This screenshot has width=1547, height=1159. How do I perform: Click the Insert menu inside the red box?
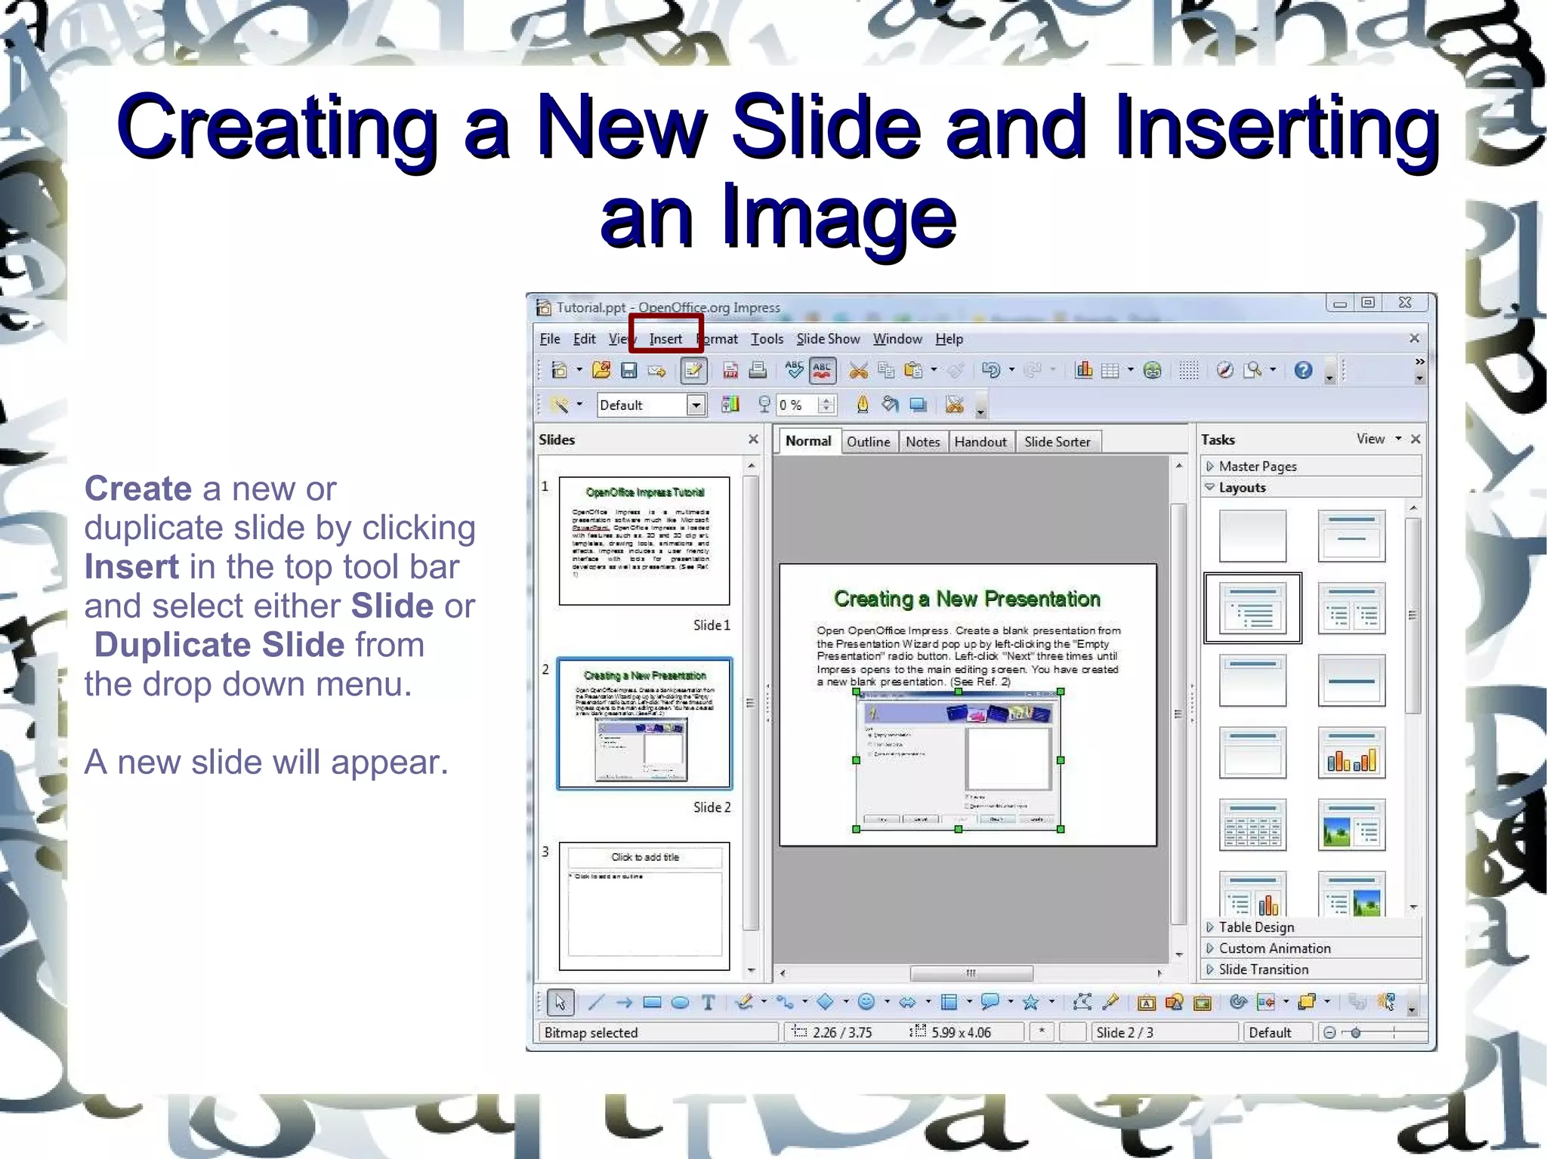(665, 339)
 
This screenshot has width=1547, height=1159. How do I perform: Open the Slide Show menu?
(828, 339)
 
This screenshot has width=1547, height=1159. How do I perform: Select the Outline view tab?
(868, 442)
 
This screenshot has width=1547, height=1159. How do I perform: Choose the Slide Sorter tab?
(1057, 442)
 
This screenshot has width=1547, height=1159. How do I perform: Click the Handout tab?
(980, 442)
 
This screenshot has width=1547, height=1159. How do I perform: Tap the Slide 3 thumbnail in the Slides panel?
(644, 905)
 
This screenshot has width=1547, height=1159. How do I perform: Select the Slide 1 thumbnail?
(644, 541)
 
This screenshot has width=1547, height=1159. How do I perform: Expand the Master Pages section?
(1257, 467)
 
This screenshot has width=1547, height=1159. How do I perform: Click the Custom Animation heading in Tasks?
(1274, 948)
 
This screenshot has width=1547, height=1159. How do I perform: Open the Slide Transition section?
(1263, 969)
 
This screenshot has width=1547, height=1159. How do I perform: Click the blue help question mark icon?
(1303, 370)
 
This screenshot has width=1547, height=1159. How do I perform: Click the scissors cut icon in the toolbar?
(858, 370)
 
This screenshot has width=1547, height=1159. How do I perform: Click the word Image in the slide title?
(839, 217)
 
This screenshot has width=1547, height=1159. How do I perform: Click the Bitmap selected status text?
(591, 1033)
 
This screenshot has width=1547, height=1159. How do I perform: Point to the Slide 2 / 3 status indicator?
(1124, 1033)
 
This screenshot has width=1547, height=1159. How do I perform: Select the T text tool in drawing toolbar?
(708, 1003)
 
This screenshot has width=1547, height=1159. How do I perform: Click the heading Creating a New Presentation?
(967, 600)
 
